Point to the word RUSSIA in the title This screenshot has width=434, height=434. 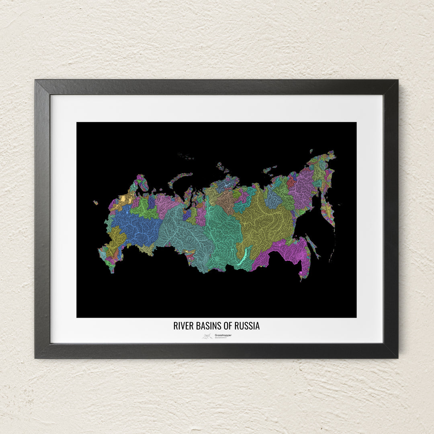click(248, 325)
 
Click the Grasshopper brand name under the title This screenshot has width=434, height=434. click(223, 335)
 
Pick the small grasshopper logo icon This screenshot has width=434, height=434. click(207, 336)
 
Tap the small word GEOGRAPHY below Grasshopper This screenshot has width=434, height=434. click(221, 338)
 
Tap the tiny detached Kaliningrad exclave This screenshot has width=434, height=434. click(96, 203)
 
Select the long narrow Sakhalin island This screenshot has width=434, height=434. click(312, 246)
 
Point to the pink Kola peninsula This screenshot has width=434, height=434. click(142, 182)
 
